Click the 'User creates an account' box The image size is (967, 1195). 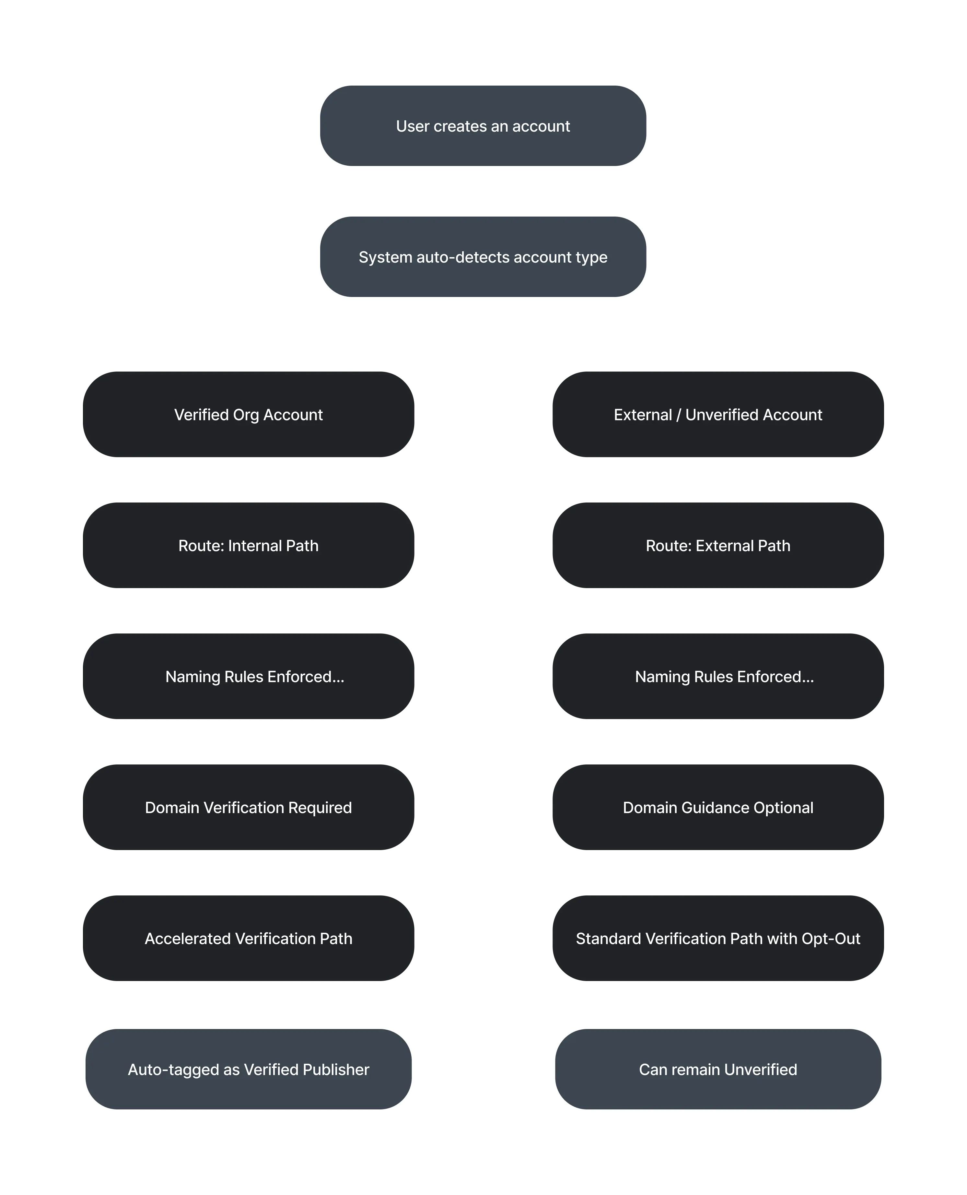click(x=483, y=126)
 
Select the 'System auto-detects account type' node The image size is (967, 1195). click(x=483, y=257)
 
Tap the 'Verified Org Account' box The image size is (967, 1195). click(x=249, y=415)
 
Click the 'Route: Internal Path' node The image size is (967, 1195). click(x=249, y=545)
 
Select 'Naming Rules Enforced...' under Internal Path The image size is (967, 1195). click(x=249, y=676)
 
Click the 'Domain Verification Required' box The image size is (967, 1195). click(x=249, y=807)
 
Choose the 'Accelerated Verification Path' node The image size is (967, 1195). click(x=249, y=938)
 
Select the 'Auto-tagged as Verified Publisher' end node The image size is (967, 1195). click(x=249, y=1069)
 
